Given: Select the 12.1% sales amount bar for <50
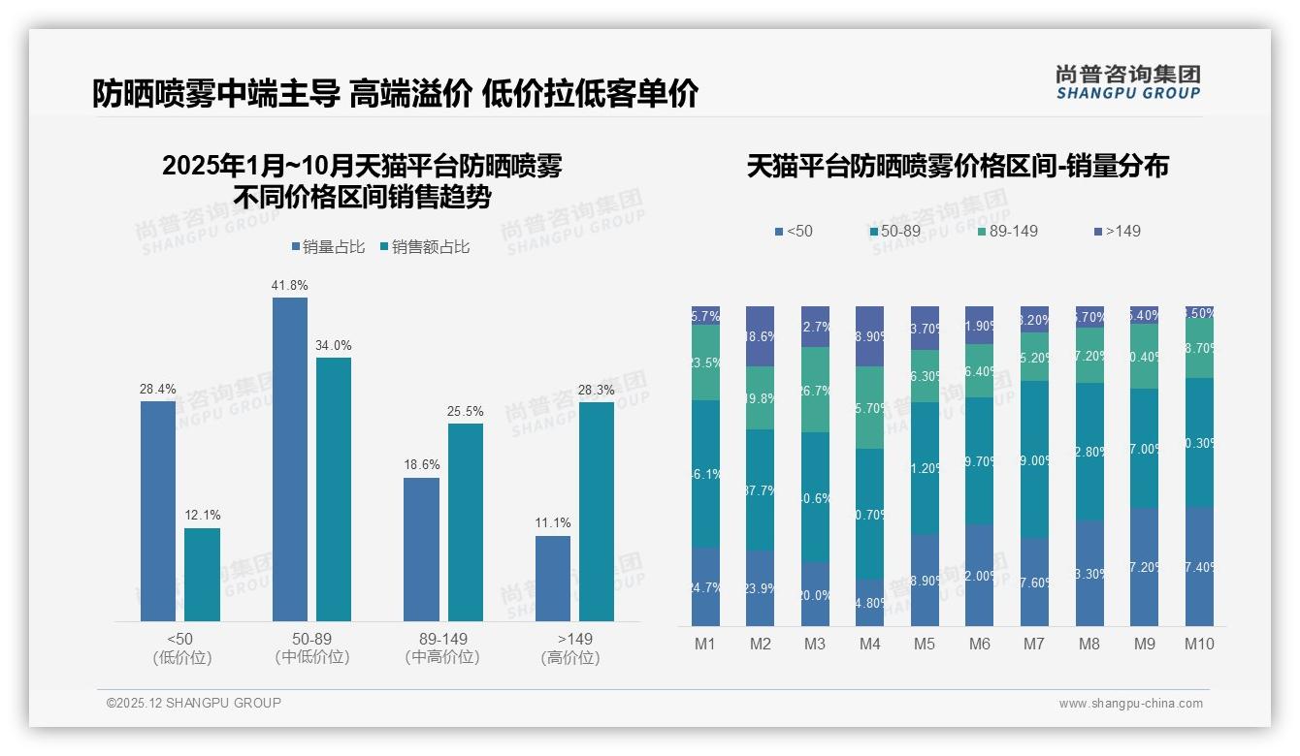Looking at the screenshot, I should coord(202,574).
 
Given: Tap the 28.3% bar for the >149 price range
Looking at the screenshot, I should coord(597,511).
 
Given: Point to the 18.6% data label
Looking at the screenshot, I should coord(421,465).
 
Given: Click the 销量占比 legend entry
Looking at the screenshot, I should coord(327,247).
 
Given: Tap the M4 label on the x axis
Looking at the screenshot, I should coord(869,644).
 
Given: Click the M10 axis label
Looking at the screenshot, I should coord(1199,644).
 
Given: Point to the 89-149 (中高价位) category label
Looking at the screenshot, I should coord(442,647).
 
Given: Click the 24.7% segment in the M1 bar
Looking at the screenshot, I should coord(705,587).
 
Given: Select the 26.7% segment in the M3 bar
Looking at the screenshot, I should coord(815,390).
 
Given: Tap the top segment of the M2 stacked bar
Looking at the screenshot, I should coord(760,336).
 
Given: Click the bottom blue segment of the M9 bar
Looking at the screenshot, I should coord(1144,567).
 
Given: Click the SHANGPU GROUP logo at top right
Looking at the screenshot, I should coord(1127,82).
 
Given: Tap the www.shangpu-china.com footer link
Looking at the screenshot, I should coord(1130,704).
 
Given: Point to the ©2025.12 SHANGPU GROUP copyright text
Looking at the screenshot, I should coord(194,703).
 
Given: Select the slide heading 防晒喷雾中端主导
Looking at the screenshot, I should coord(216,94).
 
